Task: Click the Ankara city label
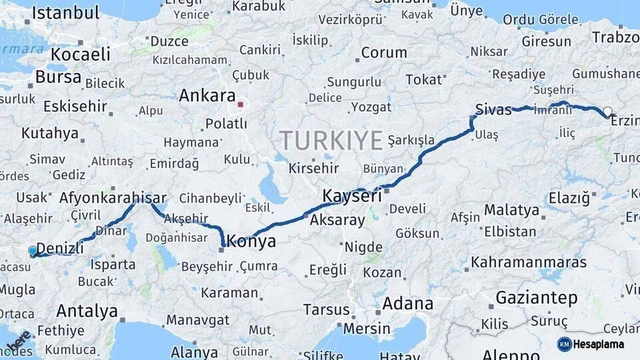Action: [x=207, y=95]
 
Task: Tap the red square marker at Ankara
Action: [x=241, y=105]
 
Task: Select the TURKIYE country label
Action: [x=331, y=141]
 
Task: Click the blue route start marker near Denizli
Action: [x=33, y=251]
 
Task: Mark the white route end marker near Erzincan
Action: [x=607, y=111]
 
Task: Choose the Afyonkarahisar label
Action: [x=113, y=198]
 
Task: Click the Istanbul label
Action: [x=65, y=12]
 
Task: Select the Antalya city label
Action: [x=87, y=311]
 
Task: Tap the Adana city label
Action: [x=408, y=304]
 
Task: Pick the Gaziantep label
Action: [x=536, y=298]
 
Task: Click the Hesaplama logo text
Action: [x=600, y=344]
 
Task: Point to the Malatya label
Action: [x=511, y=210]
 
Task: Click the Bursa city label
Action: [x=58, y=77]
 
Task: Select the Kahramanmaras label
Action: [x=529, y=263]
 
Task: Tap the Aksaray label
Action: [x=337, y=220]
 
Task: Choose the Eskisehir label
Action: [x=75, y=106]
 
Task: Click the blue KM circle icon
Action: [x=565, y=344]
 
